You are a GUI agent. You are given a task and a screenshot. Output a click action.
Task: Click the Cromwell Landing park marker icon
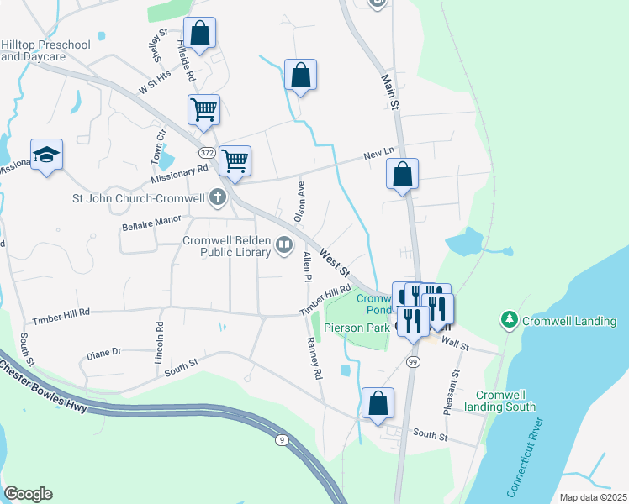[509, 319]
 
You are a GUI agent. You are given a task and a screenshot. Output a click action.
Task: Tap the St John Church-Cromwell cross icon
[218, 198]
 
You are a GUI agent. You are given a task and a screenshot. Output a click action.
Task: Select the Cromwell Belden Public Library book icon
[284, 245]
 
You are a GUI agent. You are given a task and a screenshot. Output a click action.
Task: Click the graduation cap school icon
[47, 154]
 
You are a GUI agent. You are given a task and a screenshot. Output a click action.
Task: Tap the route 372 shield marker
[207, 153]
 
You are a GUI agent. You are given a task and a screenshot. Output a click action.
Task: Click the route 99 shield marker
[412, 360]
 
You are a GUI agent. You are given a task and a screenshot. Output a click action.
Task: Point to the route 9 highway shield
[281, 438]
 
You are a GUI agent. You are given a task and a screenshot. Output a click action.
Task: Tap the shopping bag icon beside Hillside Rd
[200, 33]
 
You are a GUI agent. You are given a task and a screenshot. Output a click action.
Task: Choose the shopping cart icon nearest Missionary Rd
[235, 160]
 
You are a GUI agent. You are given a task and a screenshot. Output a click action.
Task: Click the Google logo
[28, 494]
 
